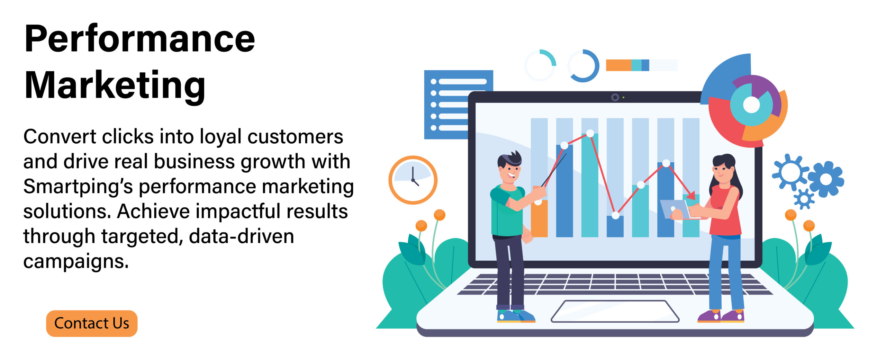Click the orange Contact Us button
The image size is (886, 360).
point(92,323)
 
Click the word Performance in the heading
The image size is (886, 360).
point(140,39)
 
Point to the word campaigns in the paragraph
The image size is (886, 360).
point(76,261)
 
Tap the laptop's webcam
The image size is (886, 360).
point(615,97)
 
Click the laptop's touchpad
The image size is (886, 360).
point(615,311)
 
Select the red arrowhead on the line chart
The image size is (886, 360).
point(690,195)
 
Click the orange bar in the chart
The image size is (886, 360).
point(539,218)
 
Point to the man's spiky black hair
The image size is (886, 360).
point(509,160)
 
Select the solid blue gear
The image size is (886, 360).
point(826,179)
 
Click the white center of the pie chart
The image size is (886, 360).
point(751,105)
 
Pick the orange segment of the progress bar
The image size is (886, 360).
point(618,65)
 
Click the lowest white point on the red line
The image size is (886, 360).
point(615,215)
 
